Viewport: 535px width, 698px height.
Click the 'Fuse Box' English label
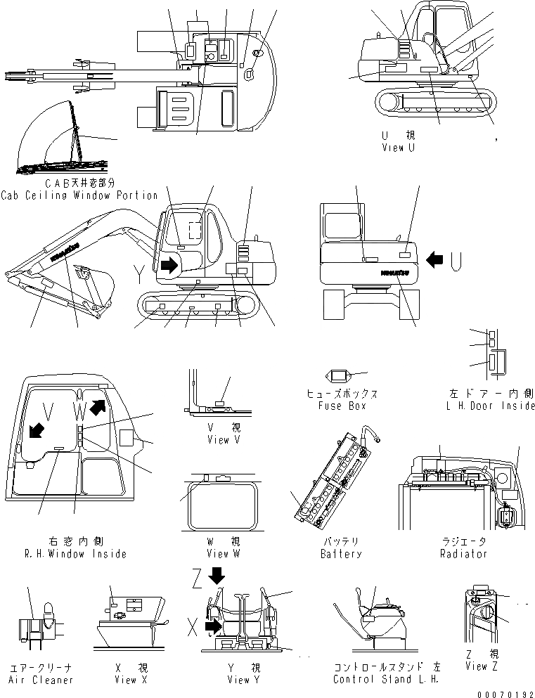[341, 406]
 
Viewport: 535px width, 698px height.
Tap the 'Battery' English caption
[341, 554]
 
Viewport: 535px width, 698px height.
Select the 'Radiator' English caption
[463, 554]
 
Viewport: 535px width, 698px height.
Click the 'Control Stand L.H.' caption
[386, 680]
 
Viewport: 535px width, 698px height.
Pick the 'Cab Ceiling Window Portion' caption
[79, 195]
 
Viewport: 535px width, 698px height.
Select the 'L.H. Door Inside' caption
[490, 406]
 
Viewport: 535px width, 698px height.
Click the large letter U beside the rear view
[456, 261]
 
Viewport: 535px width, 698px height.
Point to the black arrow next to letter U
[435, 261]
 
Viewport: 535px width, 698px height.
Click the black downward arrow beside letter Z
[217, 574]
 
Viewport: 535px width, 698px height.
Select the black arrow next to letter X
[212, 625]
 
